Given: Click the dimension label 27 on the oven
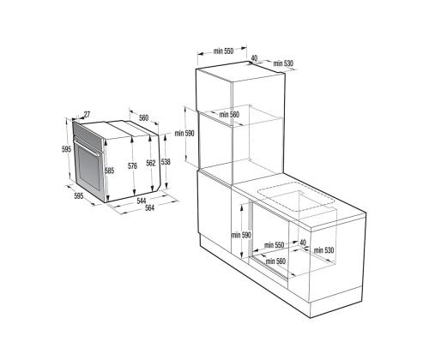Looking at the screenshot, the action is (87, 115).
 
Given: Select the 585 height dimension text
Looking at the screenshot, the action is (109, 171).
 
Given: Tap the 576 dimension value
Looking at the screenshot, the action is (132, 165).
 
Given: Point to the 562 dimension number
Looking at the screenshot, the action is (151, 163).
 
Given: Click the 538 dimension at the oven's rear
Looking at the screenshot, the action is (166, 162).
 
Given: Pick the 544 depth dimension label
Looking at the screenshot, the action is (142, 201).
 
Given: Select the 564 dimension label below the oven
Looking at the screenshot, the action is (149, 207).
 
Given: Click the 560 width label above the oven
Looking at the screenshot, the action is (143, 117).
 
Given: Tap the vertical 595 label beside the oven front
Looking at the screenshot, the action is (66, 149).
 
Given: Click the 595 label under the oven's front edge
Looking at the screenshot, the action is (79, 196).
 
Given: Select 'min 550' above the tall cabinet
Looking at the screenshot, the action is (223, 51).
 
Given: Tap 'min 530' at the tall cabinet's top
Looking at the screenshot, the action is (283, 63).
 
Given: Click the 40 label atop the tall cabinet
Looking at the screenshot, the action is (254, 58).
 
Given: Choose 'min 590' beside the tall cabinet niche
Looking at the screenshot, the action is (184, 133).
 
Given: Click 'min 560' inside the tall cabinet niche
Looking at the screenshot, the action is (229, 115).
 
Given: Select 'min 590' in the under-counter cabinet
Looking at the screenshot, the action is (241, 235).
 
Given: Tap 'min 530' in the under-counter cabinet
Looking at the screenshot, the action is (323, 250).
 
